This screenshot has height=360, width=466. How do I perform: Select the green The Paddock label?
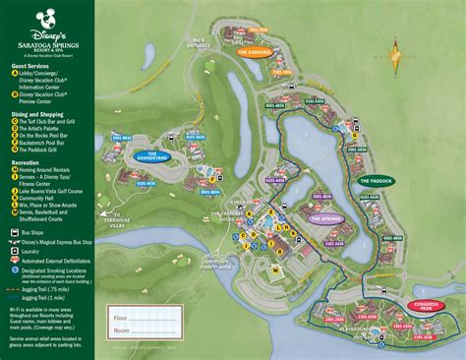375,181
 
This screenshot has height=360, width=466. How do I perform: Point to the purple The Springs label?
324,219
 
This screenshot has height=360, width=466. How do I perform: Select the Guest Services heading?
29,66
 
